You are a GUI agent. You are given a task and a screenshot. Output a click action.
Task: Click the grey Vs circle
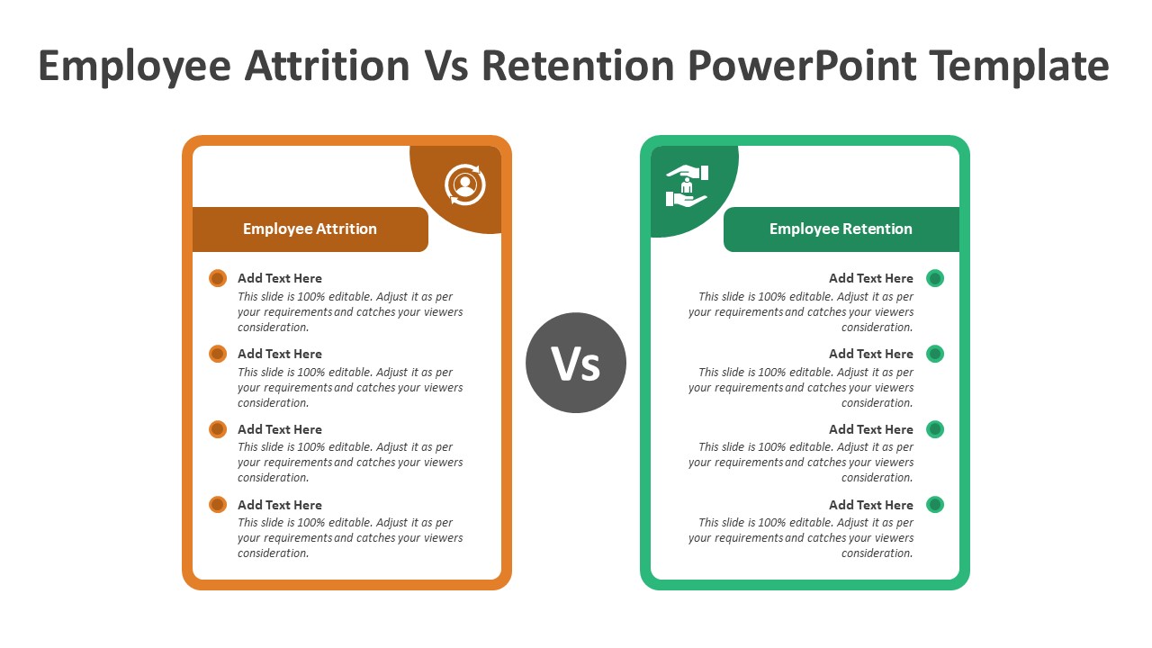576,363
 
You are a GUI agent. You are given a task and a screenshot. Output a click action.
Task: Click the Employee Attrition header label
310,229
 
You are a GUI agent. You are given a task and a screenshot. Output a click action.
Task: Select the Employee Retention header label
841,229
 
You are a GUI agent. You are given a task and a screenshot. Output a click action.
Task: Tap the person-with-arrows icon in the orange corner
464,184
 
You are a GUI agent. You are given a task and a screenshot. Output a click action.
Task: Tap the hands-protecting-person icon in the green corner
687,185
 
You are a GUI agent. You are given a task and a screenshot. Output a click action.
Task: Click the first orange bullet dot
218,278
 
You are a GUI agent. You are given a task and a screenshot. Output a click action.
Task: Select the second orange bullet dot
218,354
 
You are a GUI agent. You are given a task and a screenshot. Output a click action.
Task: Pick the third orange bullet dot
218,429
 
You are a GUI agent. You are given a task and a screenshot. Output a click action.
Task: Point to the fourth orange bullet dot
218,505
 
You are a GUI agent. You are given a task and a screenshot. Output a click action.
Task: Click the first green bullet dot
935,278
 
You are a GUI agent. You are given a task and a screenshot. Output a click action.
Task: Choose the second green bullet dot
935,354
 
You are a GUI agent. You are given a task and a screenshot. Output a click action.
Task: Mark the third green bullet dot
935,429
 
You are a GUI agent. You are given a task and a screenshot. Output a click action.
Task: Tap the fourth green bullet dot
935,505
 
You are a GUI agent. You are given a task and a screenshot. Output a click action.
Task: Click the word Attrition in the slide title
328,66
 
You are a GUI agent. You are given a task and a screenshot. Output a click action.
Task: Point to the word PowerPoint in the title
803,66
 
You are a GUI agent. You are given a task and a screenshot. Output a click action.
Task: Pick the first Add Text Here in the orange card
279,278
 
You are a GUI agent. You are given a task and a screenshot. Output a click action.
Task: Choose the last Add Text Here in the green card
870,505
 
